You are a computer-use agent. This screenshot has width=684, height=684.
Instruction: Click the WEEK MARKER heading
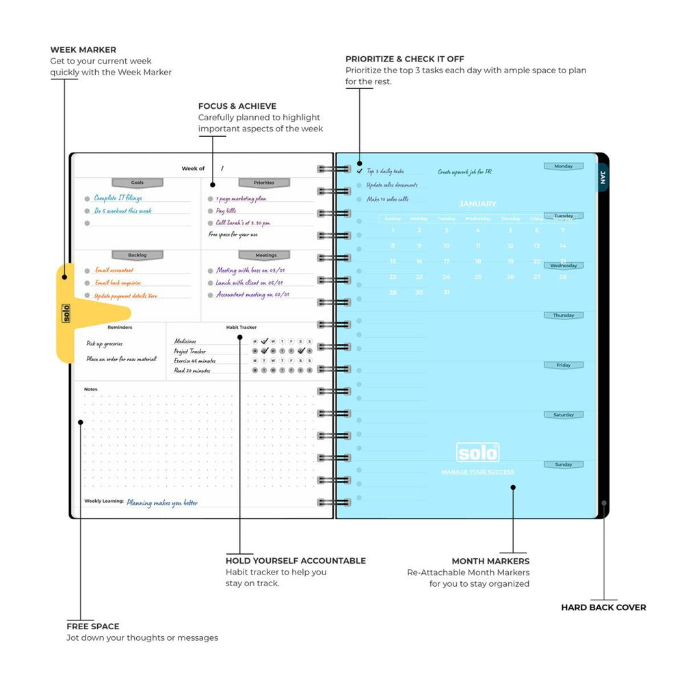[83, 50]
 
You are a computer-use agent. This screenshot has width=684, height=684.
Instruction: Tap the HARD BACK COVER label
[603, 607]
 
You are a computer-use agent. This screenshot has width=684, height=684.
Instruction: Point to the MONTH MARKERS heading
[490, 561]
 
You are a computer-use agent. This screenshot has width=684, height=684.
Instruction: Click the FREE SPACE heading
[93, 626]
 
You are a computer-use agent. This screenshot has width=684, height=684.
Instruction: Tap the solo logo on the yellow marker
[66, 313]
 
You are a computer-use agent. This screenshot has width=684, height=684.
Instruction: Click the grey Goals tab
[137, 183]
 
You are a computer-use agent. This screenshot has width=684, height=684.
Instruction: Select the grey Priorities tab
[264, 183]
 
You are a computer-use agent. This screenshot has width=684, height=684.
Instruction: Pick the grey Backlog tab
[137, 255]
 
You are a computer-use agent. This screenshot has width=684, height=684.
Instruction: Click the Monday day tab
[564, 166]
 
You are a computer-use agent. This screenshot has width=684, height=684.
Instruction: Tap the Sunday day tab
[564, 464]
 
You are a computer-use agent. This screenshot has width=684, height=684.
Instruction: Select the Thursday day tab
[564, 315]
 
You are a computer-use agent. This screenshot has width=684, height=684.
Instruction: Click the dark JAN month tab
[603, 177]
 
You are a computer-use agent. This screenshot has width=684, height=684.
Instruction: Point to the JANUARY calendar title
[477, 204]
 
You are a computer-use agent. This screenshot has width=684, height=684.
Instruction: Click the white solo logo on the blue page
[477, 453]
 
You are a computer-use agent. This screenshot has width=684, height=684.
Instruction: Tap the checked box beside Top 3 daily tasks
[360, 171]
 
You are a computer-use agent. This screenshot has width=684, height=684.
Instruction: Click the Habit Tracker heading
[241, 328]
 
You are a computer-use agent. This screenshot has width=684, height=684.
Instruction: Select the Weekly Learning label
[104, 501]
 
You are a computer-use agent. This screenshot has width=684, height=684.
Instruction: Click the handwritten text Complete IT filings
[118, 198]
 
